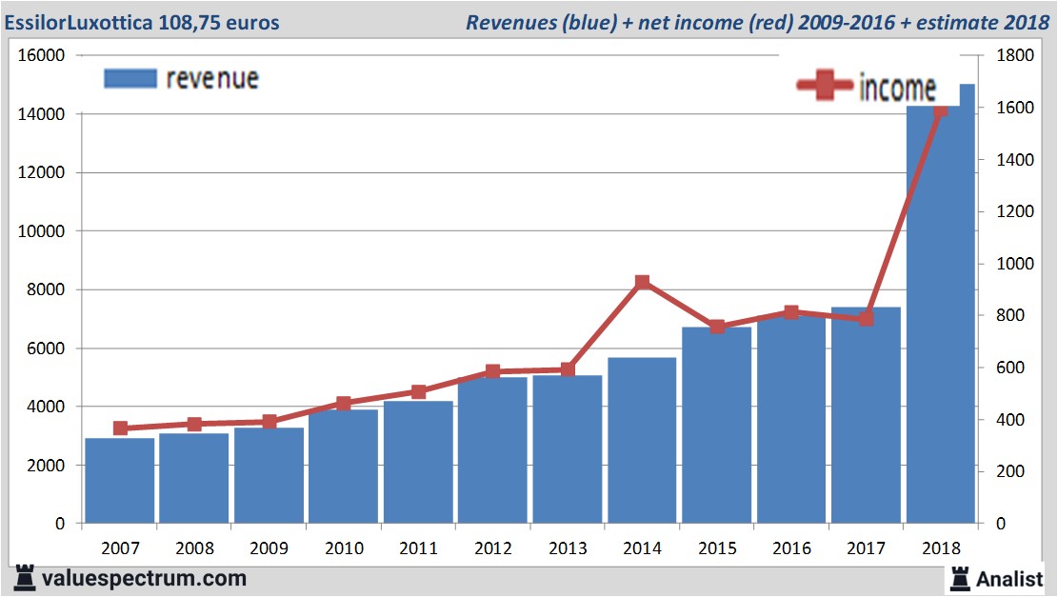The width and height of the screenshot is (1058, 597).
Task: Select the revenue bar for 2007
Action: pos(120,480)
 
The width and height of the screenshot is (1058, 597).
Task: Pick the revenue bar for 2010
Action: pos(344,466)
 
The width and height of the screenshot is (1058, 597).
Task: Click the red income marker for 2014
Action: pos(642,282)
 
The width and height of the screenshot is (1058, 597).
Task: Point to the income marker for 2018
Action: pos(941,110)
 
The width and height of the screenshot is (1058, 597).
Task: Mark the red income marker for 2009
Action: pos(269,422)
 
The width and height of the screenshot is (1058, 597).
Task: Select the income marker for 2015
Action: pos(717,327)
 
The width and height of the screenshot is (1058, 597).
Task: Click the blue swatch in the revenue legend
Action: pos(130,78)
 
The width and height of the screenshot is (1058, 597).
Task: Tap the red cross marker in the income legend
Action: pos(825,86)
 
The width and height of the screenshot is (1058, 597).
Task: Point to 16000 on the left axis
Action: pos(41,55)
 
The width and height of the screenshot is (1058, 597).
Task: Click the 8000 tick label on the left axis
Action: pos(45,289)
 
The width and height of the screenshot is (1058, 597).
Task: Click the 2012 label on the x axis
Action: pos(492,548)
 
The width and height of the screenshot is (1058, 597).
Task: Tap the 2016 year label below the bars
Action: pos(791,548)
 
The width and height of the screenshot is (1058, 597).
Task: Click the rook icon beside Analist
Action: pos(959,577)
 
